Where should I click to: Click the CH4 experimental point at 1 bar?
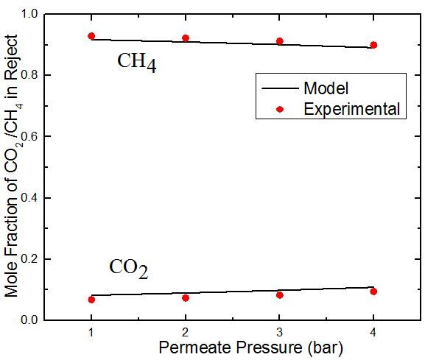tap(91, 36)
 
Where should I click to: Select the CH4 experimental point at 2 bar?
tap(186, 38)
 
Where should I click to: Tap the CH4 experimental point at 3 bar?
tap(280, 41)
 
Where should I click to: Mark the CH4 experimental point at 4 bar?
tap(373, 45)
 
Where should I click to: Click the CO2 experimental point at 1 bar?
tap(91, 300)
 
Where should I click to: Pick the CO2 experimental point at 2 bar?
tap(186, 298)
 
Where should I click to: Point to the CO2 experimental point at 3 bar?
tap(280, 295)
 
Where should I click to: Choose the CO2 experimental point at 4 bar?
tap(373, 292)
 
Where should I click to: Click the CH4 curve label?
tap(137, 63)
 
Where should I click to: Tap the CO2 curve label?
tap(129, 269)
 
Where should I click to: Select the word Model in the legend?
tap(326, 88)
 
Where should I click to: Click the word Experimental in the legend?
tap(352, 109)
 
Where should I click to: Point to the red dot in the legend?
tap(280, 109)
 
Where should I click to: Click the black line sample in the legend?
tap(280, 88)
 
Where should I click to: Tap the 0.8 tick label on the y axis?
tap(29, 75)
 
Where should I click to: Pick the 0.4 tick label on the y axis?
tap(29, 198)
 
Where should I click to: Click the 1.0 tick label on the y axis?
tap(29, 13)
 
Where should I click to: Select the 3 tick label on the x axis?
tap(279, 332)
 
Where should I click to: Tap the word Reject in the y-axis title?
tap(11, 57)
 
